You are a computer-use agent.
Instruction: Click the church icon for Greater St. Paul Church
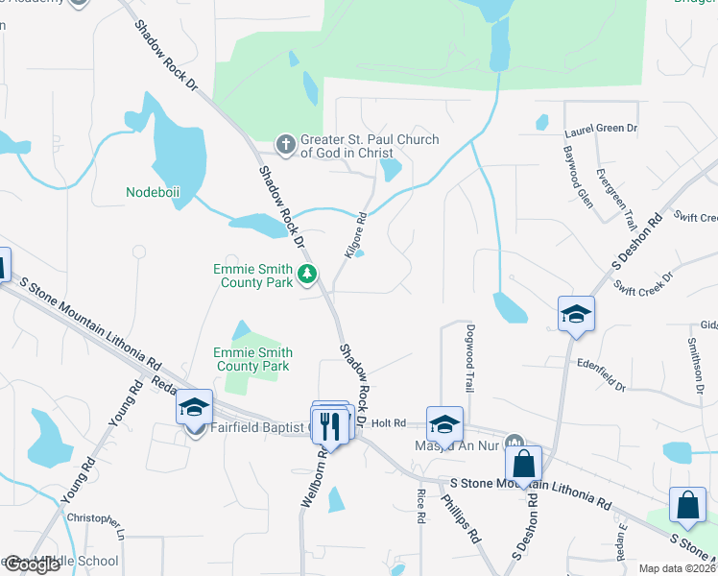pos(285,145)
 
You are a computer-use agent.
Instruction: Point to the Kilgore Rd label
pos(355,234)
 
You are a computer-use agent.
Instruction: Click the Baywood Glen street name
pos(574,165)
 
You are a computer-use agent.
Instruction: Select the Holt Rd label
pos(390,422)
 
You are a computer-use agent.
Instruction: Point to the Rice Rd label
pos(421,505)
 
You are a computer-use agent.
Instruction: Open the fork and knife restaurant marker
pos(328,423)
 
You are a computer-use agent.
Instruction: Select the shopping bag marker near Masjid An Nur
pos(524,464)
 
